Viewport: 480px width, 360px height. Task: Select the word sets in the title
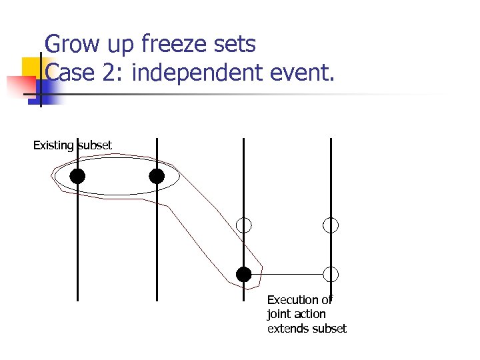pyautogui.click(x=235, y=45)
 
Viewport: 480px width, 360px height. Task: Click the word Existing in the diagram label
pyautogui.click(x=53, y=145)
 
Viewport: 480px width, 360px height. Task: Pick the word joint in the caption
pyautogui.click(x=278, y=314)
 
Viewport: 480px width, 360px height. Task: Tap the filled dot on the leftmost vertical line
pyautogui.click(x=77, y=176)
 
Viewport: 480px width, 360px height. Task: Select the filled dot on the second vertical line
pyautogui.click(x=157, y=176)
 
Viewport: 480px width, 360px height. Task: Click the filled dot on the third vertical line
pyautogui.click(x=244, y=274)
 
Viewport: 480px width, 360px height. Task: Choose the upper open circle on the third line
pyautogui.click(x=244, y=225)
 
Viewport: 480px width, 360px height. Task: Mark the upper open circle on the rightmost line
pyautogui.click(x=331, y=225)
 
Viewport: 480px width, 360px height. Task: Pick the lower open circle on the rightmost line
pyautogui.click(x=331, y=274)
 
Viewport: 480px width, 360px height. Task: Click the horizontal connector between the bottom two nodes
pyautogui.click(x=287, y=274)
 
